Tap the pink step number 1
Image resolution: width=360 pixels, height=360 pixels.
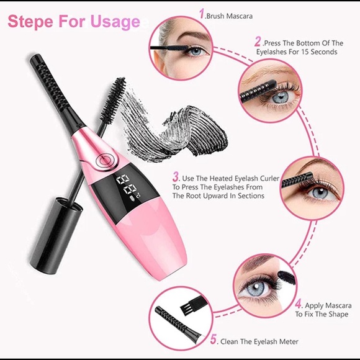(x=201, y=12)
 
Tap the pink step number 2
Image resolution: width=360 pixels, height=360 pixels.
(x=258, y=42)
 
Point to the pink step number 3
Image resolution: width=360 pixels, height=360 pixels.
(x=176, y=176)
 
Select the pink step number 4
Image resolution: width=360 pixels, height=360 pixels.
(x=298, y=304)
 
